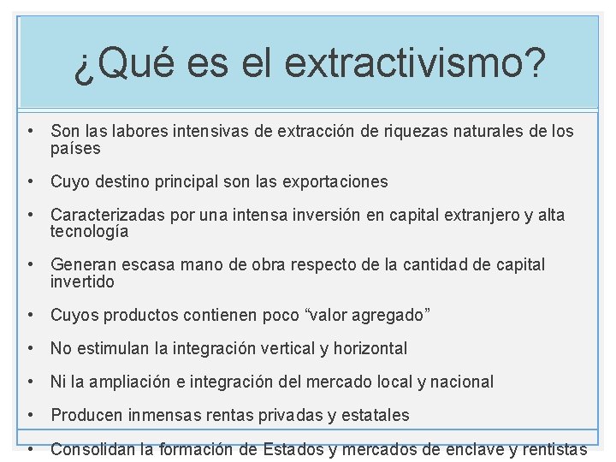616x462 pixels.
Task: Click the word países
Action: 75,148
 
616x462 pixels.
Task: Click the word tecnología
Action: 89,231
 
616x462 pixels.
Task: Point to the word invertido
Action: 82,281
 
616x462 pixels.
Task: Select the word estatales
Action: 375,415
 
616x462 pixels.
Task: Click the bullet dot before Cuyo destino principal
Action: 30,181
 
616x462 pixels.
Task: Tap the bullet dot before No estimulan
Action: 30,348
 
